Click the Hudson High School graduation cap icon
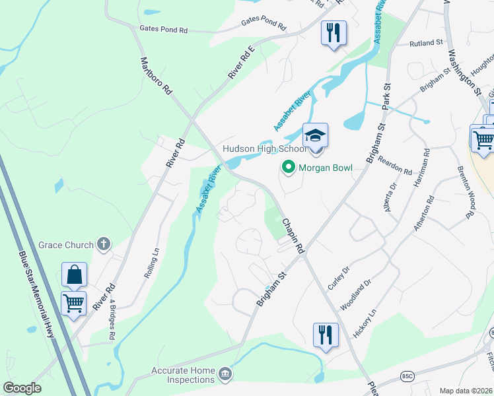[316, 135]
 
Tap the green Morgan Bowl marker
[288, 168]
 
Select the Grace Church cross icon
[103, 245]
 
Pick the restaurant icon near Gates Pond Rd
[334, 32]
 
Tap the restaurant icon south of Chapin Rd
[326, 334]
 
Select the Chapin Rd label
[293, 236]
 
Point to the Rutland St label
[425, 43]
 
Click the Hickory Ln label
[364, 324]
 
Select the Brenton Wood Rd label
[466, 191]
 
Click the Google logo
[22, 388]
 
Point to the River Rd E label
[241, 63]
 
